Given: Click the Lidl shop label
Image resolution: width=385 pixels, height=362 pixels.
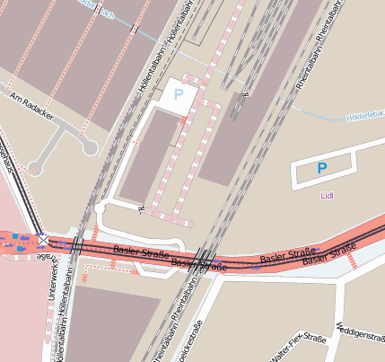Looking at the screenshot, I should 326,194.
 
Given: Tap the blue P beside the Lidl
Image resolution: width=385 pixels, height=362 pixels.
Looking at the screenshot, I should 322,168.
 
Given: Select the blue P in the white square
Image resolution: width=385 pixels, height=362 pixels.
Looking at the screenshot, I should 178,94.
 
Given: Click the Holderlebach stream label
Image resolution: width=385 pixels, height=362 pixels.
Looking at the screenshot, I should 365,117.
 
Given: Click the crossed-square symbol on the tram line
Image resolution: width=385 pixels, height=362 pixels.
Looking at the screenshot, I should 42,241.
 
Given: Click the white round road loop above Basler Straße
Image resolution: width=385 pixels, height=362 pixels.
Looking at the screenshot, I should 99,209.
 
